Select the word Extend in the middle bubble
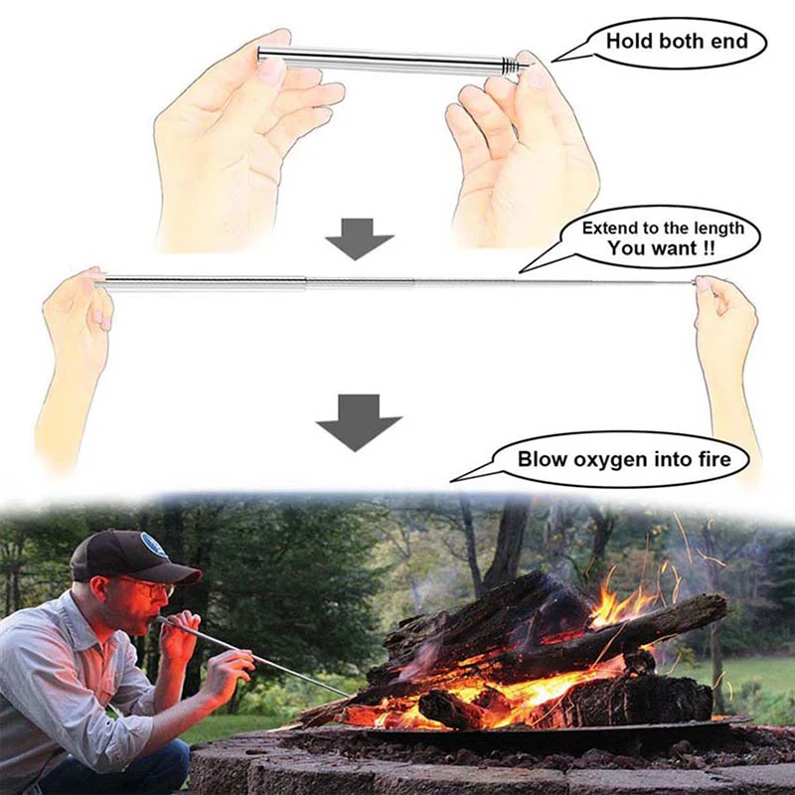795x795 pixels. [609, 228]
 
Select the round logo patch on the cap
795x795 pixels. [155, 545]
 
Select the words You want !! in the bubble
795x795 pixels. [660, 248]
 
